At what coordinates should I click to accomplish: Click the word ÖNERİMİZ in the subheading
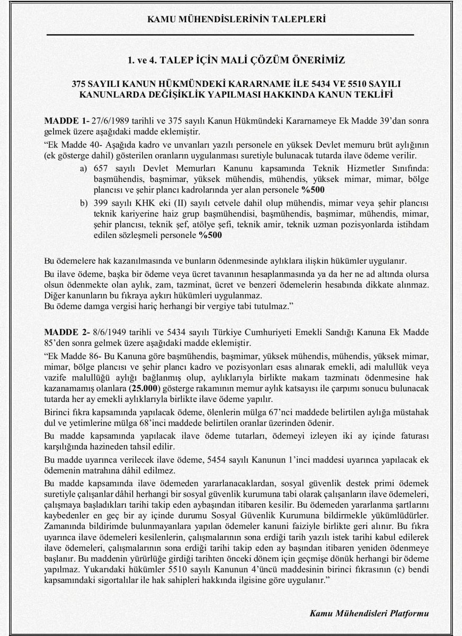317,60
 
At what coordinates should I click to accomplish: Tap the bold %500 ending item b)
210,237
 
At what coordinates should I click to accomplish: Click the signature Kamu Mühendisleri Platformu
370,613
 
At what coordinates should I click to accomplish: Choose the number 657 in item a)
101,168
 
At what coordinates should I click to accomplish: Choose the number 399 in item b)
101,202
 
